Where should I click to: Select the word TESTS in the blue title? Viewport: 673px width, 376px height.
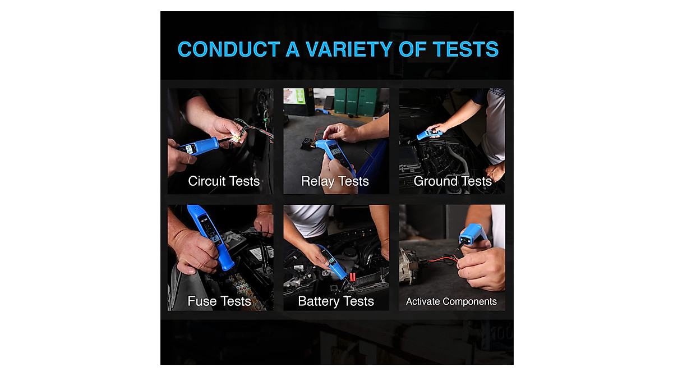[465, 49]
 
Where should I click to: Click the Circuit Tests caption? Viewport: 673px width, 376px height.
[224, 181]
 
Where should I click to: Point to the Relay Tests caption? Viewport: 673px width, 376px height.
[335, 181]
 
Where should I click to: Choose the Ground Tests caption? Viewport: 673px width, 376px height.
[452, 181]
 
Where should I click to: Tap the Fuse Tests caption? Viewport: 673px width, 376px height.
[219, 301]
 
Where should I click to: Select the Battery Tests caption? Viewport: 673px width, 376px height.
[335, 301]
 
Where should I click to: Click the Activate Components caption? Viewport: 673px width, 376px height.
[451, 301]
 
